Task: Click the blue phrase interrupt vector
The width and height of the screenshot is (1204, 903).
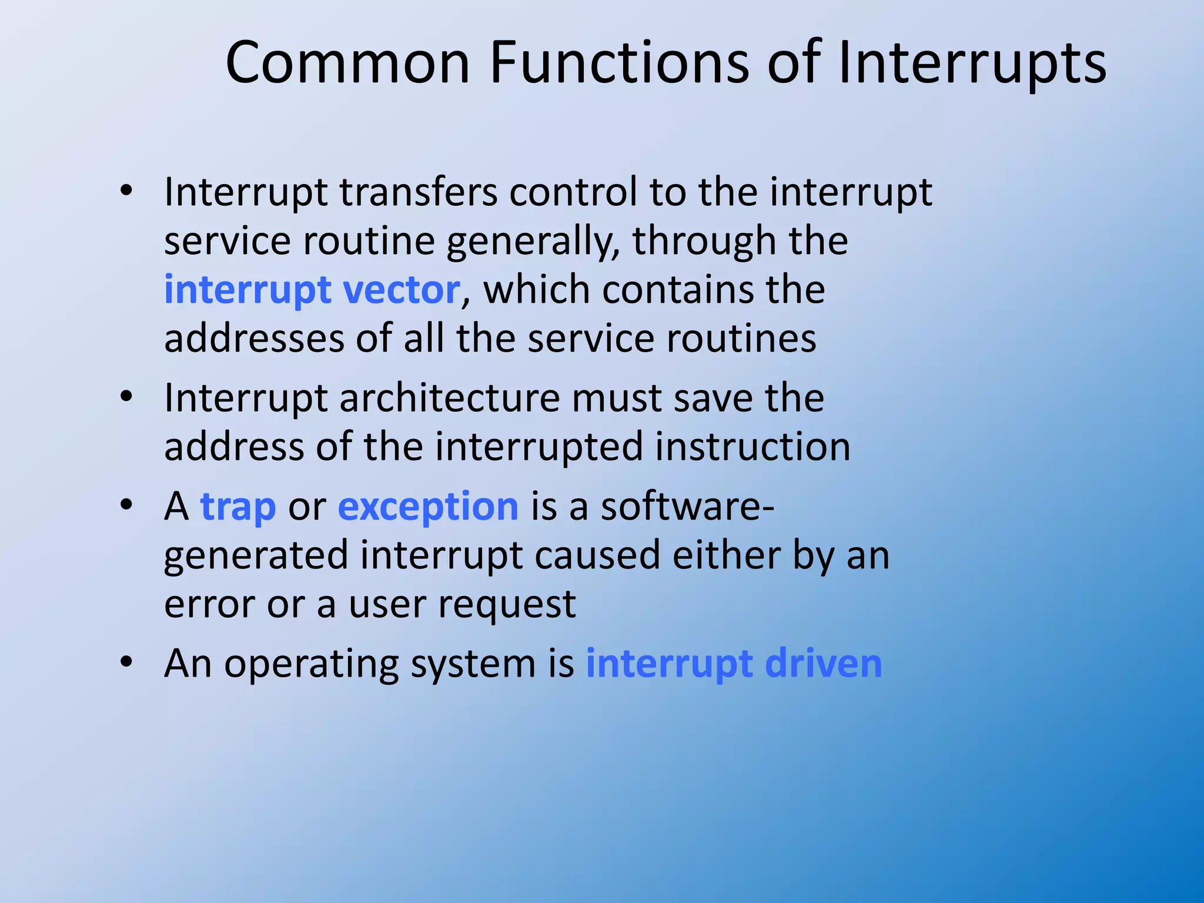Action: click(312, 290)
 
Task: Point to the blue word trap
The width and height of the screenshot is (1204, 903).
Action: click(238, 507)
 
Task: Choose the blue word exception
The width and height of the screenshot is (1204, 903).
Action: click(428, 507)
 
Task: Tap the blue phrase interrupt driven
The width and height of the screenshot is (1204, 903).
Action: click(734, 664)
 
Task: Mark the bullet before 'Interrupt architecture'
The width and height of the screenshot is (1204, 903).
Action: click(126, 397)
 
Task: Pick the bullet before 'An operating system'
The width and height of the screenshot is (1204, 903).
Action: click(126, 662)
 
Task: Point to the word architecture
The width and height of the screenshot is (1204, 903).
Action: click(450, 398)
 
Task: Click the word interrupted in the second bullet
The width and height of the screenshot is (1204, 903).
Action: click(539, 447)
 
